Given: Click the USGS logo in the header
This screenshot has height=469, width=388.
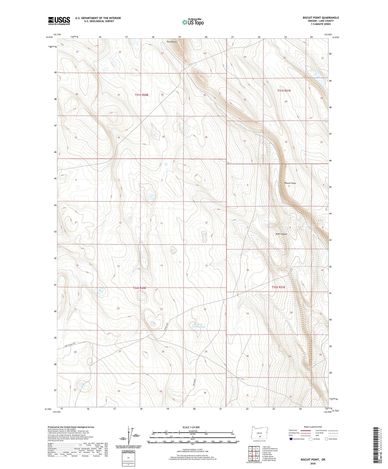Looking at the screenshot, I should (59, 21).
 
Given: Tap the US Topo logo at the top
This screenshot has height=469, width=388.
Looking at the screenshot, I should (193, 22).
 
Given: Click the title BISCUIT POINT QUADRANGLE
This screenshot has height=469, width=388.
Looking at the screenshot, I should (321, 18).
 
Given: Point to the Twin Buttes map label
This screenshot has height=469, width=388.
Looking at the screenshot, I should (172, 42).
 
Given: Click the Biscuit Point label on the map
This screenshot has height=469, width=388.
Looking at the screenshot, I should (290, 183).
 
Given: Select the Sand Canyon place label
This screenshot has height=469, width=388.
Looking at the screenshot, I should (281, 234).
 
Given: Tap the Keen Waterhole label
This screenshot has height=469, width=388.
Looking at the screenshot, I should (199, 326).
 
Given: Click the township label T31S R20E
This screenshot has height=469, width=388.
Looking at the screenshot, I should (142, 95).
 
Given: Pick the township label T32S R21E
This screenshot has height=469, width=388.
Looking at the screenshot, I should (278, 287).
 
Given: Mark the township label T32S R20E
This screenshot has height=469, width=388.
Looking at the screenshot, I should (139, 288).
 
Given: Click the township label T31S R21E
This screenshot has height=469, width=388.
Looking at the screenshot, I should (284, 91).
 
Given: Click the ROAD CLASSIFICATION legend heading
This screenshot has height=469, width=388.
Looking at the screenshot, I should (313, 427).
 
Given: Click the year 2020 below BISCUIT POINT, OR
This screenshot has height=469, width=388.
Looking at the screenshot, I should (313, 463).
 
